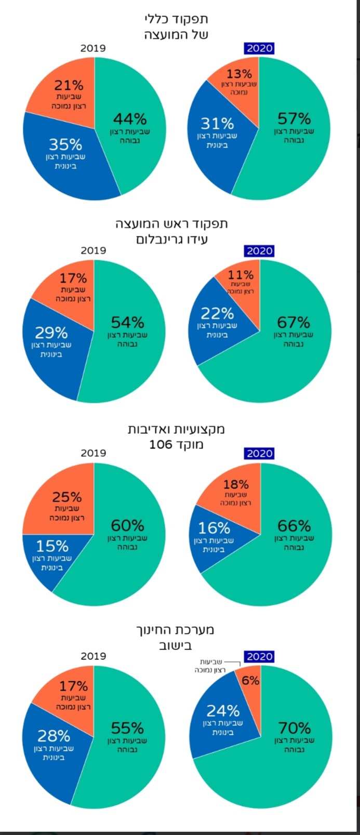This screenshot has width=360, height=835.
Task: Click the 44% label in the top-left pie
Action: pyautogui.click(x=130, y=119)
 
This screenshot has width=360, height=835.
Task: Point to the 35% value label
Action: pyautogui.click(x=65, y=144)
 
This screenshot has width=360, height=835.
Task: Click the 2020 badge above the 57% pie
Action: pyautogui.click(x=259, y=48)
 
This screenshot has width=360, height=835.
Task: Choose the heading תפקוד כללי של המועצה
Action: pyautogui.click(x=176, y=27)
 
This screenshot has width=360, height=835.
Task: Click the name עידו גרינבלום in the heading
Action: pyautogui.click(x=172, y=240)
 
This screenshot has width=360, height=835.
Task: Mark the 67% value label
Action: pyautogui.click(x=294, y=322)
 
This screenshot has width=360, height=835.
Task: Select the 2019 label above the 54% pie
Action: pyautogui.click(x=93, y=250)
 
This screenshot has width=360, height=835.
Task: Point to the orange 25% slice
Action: pyautogui.click(x=62, y=501)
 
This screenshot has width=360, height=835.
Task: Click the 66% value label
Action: pyautogui.click(x=294, y=525)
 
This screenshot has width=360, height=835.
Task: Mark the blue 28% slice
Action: pyautogui.click(x=52, y=748)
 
